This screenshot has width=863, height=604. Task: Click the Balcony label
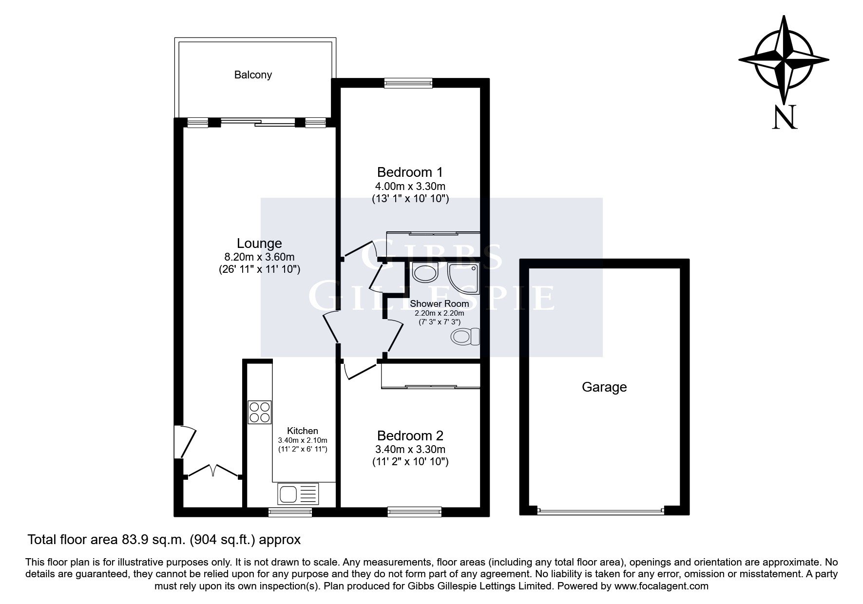click(253, 75)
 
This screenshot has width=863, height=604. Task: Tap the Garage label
click(604, 387)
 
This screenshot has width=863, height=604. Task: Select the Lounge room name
click(259, 243)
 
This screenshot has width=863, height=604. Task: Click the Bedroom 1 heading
click(410, 172)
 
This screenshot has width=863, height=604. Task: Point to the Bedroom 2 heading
click(410, 435)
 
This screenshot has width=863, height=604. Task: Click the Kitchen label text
click(303, 431)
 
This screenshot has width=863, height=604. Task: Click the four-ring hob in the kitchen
click(259, 412)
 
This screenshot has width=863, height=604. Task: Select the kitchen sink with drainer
click(298, 494)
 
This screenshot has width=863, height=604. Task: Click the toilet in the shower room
click(465, 337)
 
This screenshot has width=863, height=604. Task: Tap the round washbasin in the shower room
click(425, 272)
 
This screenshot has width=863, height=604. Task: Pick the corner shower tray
click(463, 276)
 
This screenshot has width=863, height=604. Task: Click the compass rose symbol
click(784, 60)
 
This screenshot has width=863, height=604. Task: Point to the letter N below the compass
click(785, 117)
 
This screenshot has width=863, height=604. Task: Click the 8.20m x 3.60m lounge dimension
click(259, 257)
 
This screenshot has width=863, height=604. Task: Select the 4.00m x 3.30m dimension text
click(410, 186)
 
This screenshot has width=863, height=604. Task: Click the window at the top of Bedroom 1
click(408, 83)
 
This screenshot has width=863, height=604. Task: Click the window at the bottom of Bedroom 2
click(414, 511)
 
